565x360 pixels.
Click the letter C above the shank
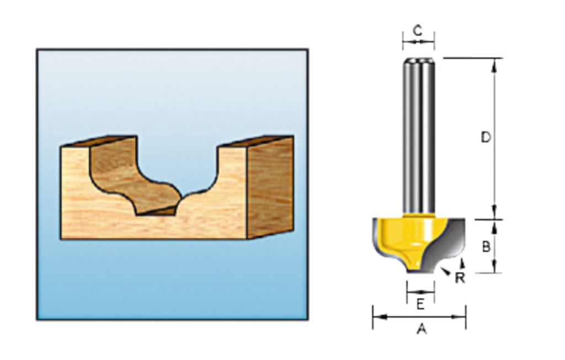418,31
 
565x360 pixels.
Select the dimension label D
486,137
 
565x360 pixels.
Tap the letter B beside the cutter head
486,246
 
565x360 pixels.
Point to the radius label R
460,278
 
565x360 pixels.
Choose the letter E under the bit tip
420,303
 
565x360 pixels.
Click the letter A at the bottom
421,329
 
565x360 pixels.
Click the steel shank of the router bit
418,138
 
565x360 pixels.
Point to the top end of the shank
418,60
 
